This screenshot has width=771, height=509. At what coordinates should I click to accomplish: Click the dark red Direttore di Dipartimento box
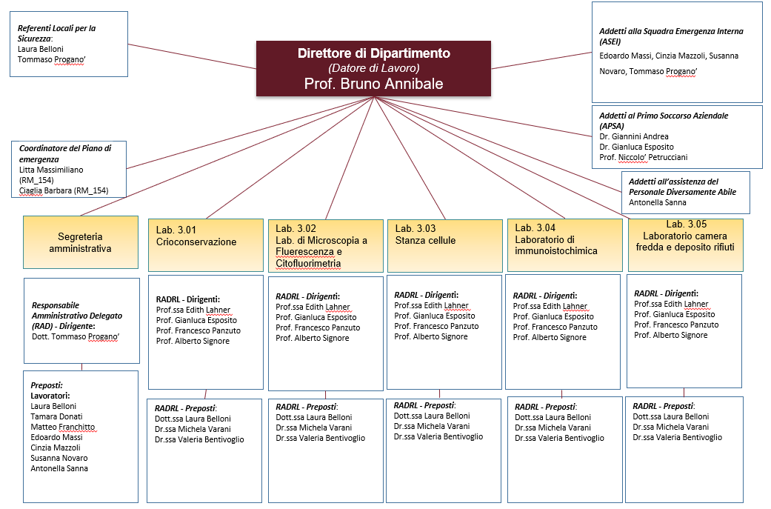click(373, 68)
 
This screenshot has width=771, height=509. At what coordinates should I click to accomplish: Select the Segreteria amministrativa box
click(80, 242)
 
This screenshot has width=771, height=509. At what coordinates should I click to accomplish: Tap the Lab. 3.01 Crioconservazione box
click(205, 244)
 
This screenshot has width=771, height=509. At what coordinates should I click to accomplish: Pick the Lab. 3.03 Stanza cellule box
click(444, 244)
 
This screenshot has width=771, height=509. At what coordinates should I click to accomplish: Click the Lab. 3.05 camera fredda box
click(685, 244)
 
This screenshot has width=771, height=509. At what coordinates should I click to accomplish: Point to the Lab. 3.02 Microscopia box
click(325, 244)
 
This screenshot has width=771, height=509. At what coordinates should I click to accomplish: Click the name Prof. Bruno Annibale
click(373, 84)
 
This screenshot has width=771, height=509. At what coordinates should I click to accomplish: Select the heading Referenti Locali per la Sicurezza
click(57, 33)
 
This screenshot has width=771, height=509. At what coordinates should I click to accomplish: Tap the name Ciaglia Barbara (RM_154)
click(64, 190)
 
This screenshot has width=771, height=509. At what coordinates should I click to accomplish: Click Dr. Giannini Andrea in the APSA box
click(634, 136)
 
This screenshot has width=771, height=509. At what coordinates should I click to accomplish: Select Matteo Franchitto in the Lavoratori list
click(62, 427)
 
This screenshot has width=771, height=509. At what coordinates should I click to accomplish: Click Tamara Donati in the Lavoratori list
click(56, 416)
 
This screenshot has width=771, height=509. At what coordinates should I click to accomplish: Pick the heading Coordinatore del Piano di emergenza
click(65, 153)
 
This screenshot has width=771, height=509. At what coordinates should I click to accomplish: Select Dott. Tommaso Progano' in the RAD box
click(76, 336)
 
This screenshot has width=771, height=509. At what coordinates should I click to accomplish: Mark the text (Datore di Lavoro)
click(373, 68)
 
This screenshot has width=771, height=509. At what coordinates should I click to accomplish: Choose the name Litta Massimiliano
click(51, 170)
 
